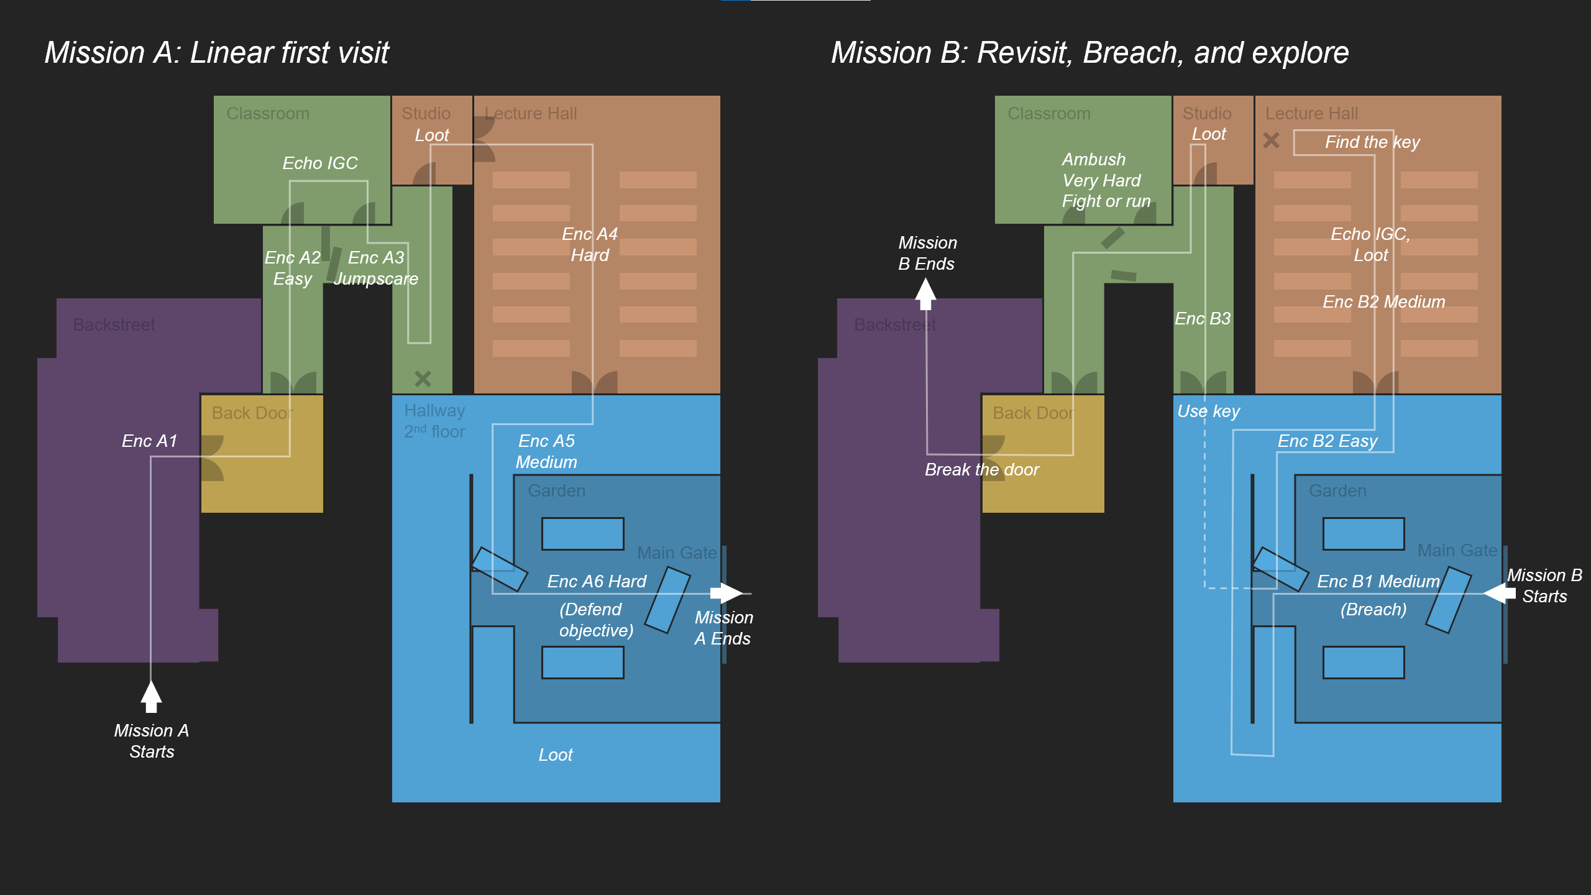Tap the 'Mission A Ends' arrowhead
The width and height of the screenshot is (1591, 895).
(x=727, y=593)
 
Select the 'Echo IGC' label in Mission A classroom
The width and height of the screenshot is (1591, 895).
(x=320, y=163)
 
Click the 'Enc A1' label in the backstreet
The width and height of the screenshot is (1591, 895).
(x=149, y=441)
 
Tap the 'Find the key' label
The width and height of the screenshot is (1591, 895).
(x=1372, y=142)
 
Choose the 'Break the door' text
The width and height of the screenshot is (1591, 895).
(x=981, y=469)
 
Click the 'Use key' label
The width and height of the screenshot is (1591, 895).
(x=1208, y=411)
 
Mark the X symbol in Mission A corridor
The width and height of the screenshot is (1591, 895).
(x=423, y=378)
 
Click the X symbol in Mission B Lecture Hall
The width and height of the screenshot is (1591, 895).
(x=1271, y=140)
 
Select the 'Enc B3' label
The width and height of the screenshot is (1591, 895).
(x=1202, y=318)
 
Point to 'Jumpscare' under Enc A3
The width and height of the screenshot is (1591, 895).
(x=375, y=278)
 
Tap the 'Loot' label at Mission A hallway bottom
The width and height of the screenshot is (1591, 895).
(x=555, y=755)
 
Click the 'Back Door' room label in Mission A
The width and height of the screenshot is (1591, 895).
(x=252, y=413)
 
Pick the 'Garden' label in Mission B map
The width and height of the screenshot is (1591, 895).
(x=1337, y=490)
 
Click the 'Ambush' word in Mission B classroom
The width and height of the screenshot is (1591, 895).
(x=1093, y=159)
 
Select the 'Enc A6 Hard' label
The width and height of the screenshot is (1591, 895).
(x=597, y=581)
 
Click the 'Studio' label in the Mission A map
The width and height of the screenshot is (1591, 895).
(x=426, y=113)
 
